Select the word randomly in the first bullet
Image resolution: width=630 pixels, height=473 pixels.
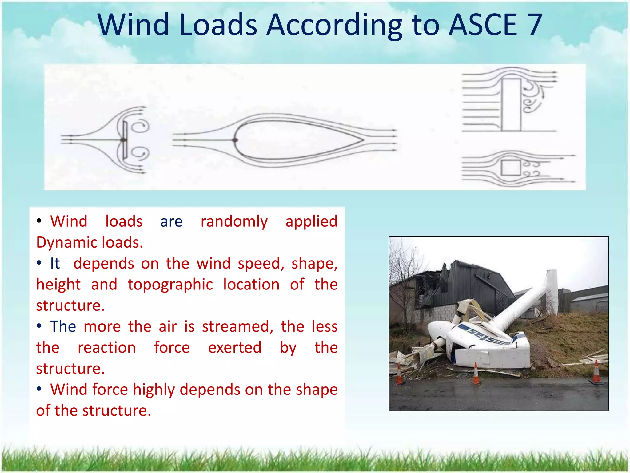[234, 222]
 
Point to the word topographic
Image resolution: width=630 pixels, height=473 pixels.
[170, 285]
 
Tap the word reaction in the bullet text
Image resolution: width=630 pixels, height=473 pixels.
[106, 348]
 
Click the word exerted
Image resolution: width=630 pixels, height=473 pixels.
[235, 348]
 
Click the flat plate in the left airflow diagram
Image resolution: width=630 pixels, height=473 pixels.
[125, 140]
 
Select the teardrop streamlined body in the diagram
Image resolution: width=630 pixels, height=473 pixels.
[295, 140]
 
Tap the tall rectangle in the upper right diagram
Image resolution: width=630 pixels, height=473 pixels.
[511, 105]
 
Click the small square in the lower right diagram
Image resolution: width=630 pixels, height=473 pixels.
[511, 168]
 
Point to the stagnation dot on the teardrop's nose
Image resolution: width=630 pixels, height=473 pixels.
[235, 140]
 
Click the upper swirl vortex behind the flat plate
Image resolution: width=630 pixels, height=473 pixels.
[142, 126]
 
